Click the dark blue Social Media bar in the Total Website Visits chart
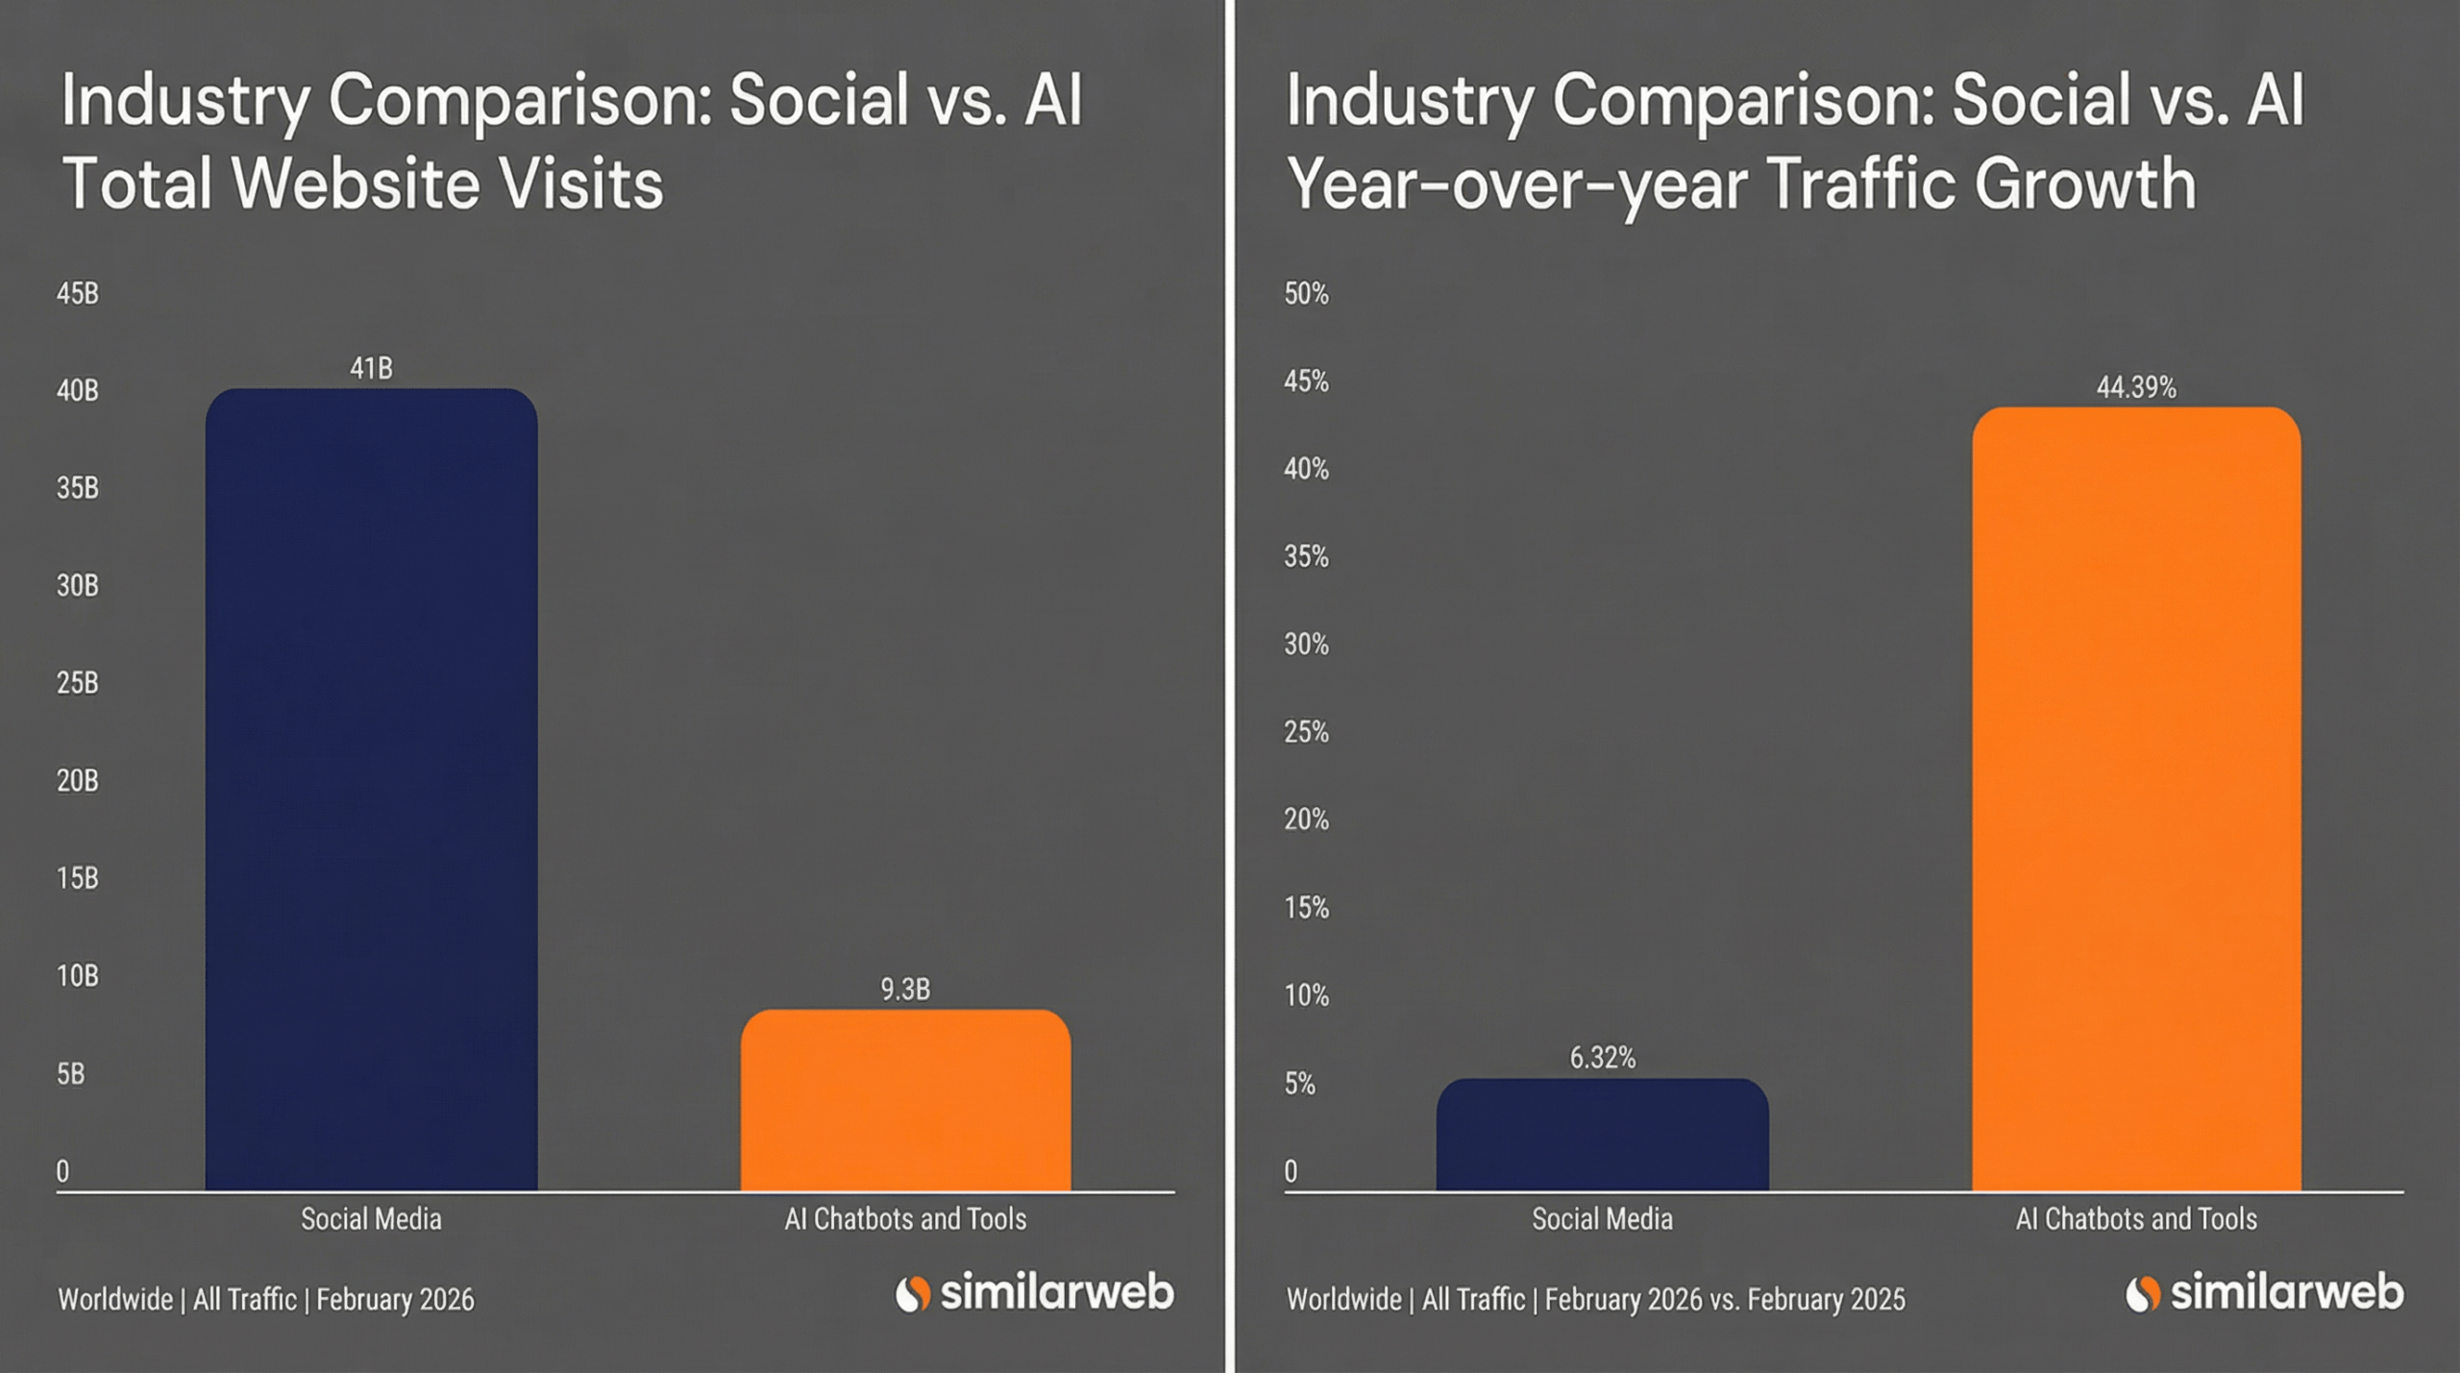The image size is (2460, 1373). pos(371,788)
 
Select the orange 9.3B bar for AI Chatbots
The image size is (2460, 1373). pos(905,1100)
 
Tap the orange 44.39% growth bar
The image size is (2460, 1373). pos(2136,797)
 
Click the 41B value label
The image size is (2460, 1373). pos(371,368)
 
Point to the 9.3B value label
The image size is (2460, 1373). pos(905,989)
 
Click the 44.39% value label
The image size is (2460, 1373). pos(2136,387)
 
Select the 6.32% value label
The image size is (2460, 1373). pos(1602,1058)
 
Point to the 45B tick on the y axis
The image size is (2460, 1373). pos(77,293)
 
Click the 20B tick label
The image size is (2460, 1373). pos(77,780)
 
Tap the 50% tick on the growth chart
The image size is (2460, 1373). pos(1306,293)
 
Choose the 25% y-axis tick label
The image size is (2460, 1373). pos(1306,732)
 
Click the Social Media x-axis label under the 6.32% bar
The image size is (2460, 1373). pos(1602,1218)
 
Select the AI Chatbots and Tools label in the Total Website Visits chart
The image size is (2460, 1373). pos(905,1218)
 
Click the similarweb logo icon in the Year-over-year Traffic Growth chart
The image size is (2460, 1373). pos(2142,1293)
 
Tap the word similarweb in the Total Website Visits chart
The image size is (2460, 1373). pos(1056,1292)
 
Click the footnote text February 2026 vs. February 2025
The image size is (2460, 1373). pos(1724,1299)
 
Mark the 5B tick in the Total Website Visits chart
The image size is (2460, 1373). pos(70,1073)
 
